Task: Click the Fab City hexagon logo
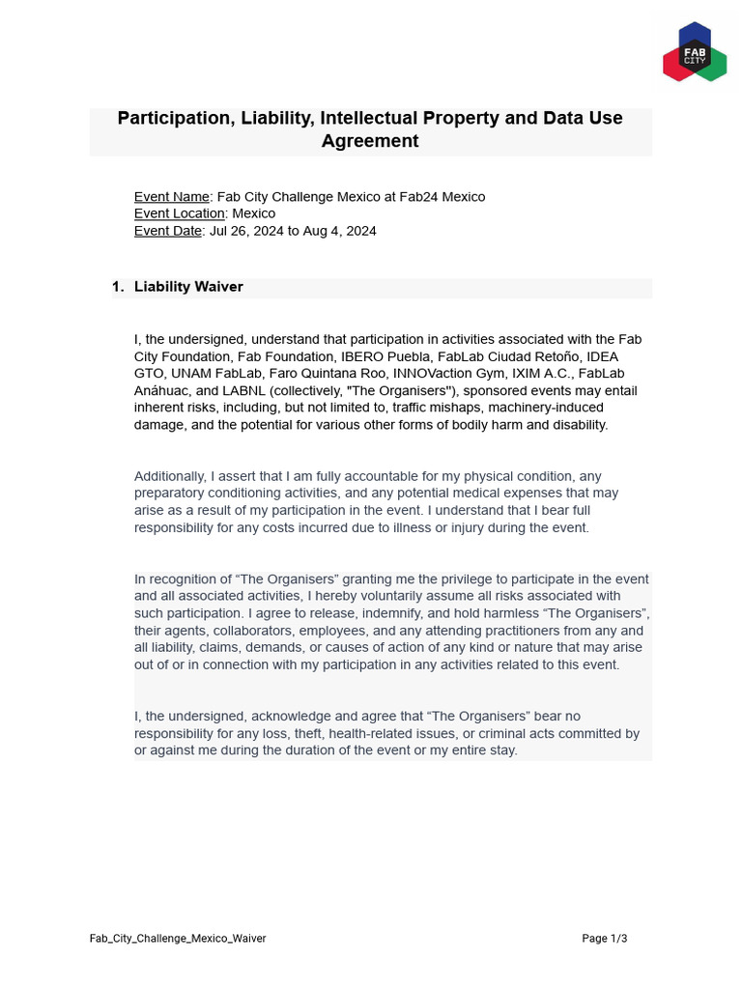point(694,52)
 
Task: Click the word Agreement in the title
point(370,141)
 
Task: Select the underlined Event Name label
point(171,197)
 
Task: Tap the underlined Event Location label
point(180,213)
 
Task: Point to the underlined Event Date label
point(168,231)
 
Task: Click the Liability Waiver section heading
point(188,287)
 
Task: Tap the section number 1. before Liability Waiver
point(118,287)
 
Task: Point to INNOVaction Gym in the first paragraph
point(441,374)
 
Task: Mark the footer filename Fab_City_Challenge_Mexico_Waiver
point(178,938)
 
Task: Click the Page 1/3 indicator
point(604,938)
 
